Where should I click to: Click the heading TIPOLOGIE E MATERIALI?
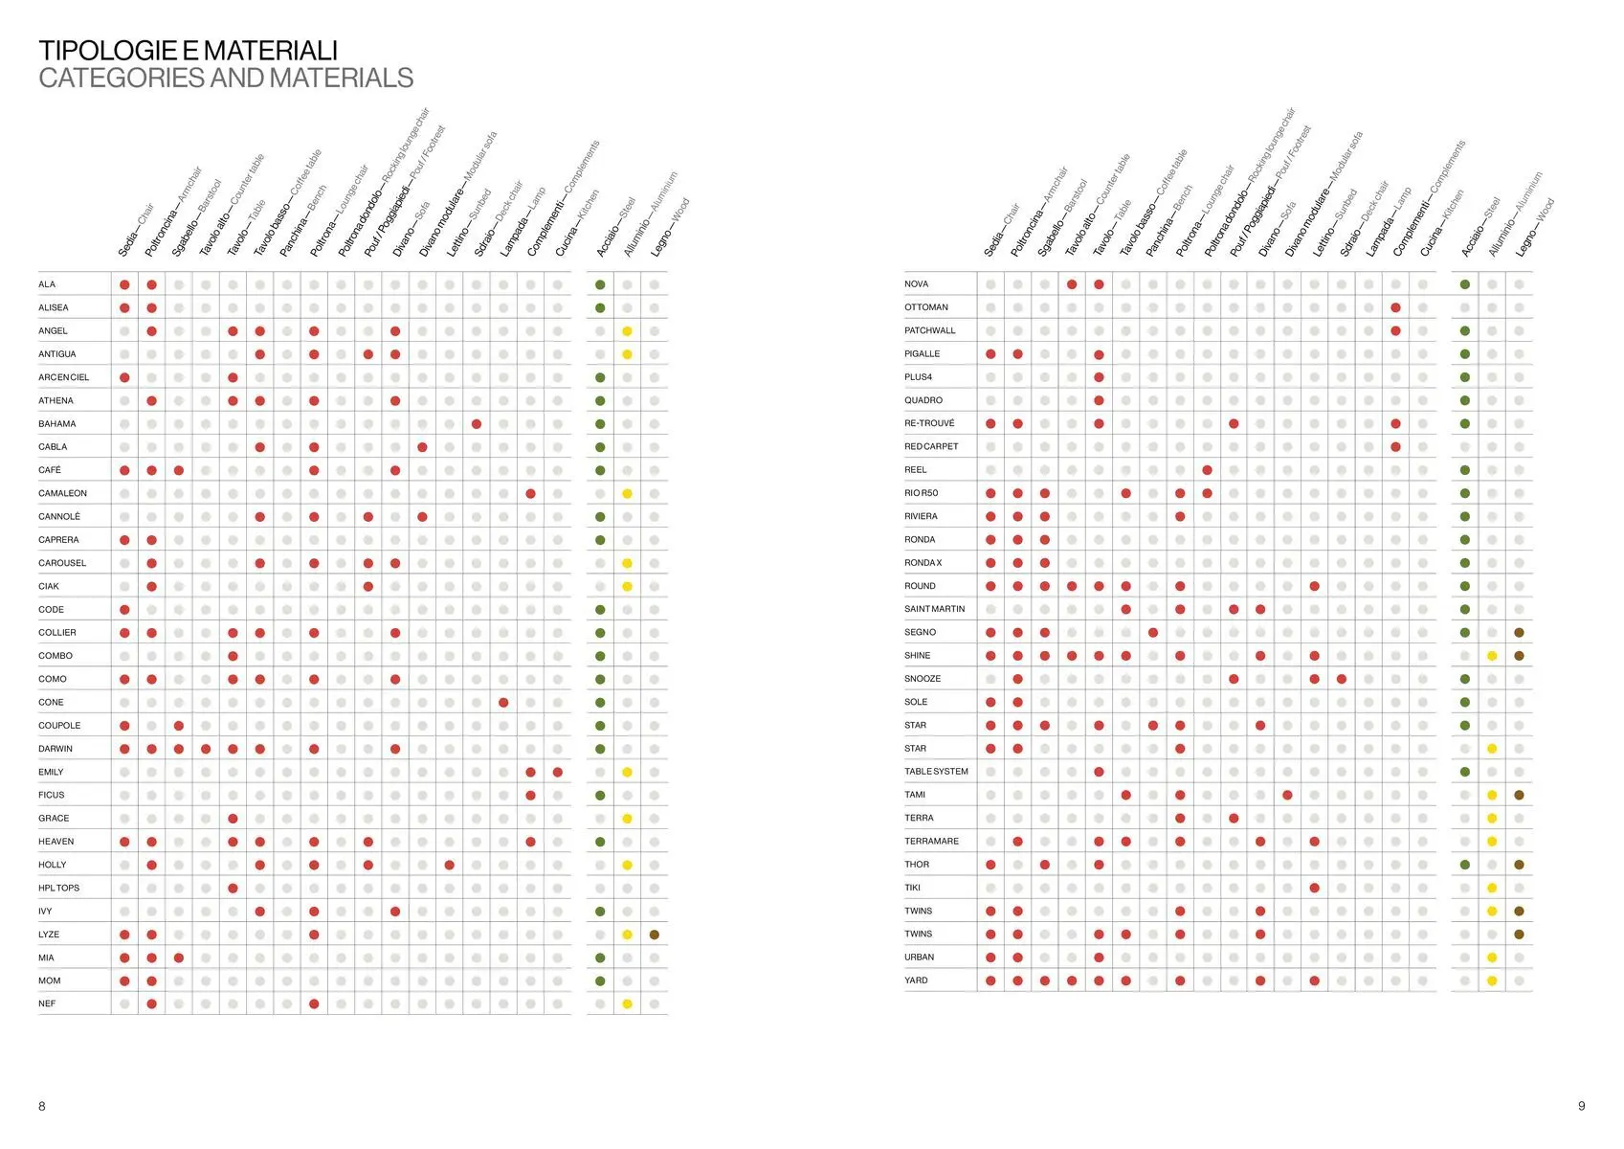[188, 51]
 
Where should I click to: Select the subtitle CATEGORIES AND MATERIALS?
[226, 79]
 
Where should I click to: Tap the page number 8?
[42, 1106]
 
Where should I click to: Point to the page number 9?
[1581, 1106]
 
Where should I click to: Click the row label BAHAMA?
[57, 423]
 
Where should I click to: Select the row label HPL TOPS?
[59, 888]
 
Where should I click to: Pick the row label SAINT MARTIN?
[934, 609]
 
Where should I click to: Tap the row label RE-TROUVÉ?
[929, 423]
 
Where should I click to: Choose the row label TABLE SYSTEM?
[936, 772]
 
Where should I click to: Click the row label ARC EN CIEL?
[64, 377]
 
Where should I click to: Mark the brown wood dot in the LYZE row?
[655, 935]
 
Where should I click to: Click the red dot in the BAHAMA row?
[477, 424]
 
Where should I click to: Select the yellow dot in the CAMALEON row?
[627, 494]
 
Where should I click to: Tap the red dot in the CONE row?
[503, 703]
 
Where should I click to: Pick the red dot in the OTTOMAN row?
[1396, 307]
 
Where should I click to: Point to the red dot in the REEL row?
[1207, 470]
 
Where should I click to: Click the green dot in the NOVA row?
[1465, 284]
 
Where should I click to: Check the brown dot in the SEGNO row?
[1519, 633]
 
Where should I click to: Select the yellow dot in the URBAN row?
[1492, 957]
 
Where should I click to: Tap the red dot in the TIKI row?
[1315, 888]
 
